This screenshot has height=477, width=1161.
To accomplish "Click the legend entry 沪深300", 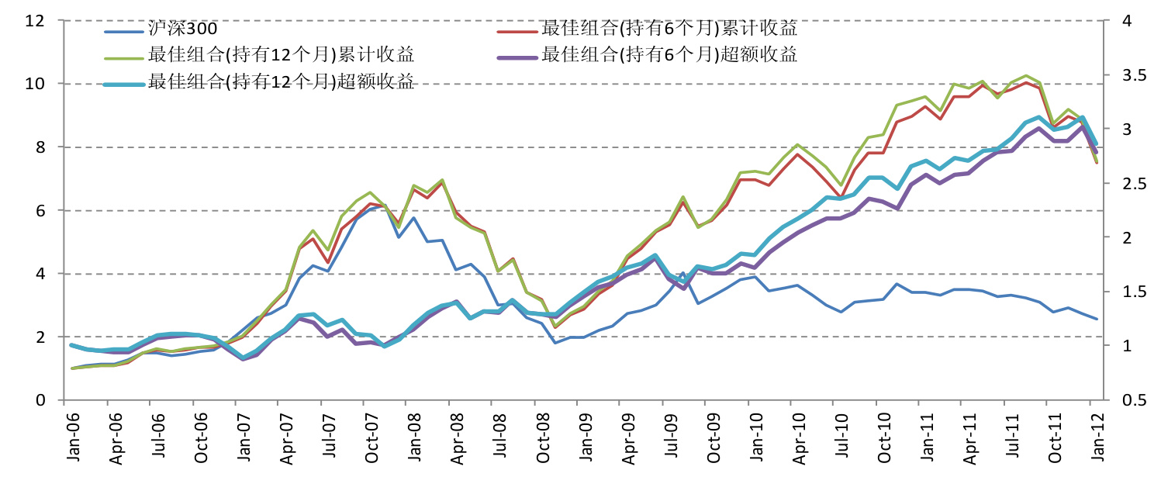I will coord(182,29).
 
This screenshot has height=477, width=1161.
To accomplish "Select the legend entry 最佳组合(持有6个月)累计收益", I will coord(669,29).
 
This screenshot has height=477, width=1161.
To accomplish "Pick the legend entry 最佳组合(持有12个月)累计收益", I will coord(281,55).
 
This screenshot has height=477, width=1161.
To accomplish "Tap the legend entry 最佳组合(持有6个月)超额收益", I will coord(669,55).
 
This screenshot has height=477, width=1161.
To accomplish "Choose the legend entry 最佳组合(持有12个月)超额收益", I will coord(281,81).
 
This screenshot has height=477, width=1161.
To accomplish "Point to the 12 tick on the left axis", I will coord(35,20).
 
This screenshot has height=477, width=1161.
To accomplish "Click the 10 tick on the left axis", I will coord(35,84).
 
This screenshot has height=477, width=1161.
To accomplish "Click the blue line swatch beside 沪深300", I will coord(124,30).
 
